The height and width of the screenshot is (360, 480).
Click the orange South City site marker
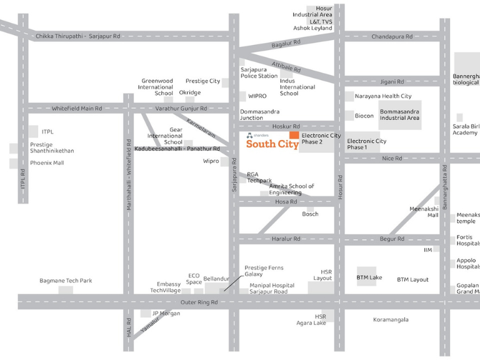pos(294,136)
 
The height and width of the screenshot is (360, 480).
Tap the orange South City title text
pos(272,144)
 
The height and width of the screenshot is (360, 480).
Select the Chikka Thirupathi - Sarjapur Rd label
pos(77,36)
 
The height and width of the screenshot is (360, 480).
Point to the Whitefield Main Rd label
pos(76,108)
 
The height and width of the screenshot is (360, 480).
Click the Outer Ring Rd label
pos(199,302)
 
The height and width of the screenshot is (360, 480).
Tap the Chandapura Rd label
pos(392,36)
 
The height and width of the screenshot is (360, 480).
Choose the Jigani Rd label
pos(392,81)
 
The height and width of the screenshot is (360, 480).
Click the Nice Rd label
pos(392,159)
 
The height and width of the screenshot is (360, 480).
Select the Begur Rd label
pos(392,239)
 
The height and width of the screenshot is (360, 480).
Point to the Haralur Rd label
pos(286,239)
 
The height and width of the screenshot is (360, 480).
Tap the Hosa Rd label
pos(286,202)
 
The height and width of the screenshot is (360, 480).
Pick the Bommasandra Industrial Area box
pos(400,114)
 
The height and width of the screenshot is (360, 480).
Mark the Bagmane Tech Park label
pos(66,281)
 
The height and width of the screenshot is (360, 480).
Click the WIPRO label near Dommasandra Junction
pos(257,96)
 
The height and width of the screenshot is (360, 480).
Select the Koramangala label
pos(391,319)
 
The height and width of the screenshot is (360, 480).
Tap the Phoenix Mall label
pos(47,163)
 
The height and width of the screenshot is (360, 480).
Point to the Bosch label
pos(310,214)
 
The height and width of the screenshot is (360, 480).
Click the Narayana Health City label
pos(383,96)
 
